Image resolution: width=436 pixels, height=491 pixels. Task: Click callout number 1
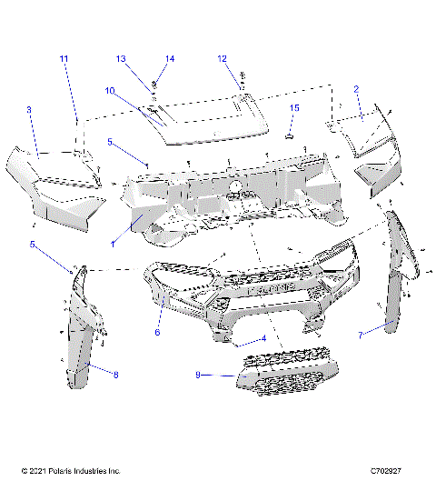pyautogui.click(x=114, y=244)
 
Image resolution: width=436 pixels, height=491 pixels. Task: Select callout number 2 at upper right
pyautogui.click(x=357, y=89)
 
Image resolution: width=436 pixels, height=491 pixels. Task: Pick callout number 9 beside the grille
pyautogui.click(x=196, y=374)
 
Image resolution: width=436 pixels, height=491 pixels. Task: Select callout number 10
pyautogui.click(x=108, y=91)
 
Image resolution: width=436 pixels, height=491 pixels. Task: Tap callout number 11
pyautogui.click(x=64, y=59)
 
